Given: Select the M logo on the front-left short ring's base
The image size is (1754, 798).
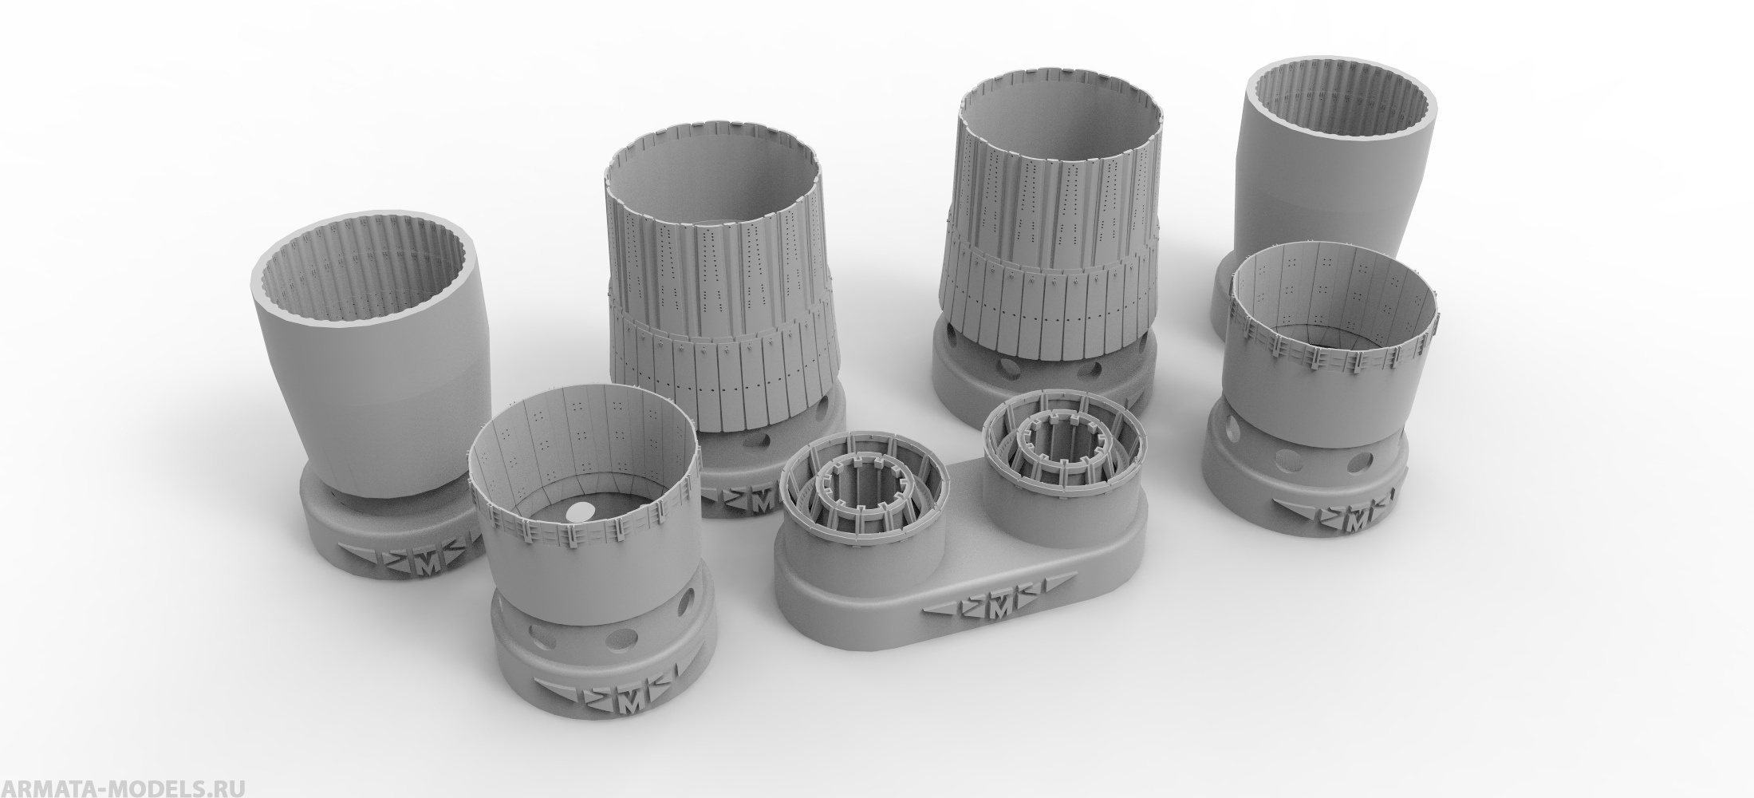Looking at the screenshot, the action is [x=632, y=681].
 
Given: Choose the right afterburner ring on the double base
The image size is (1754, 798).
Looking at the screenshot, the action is [x=1065, y=447].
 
